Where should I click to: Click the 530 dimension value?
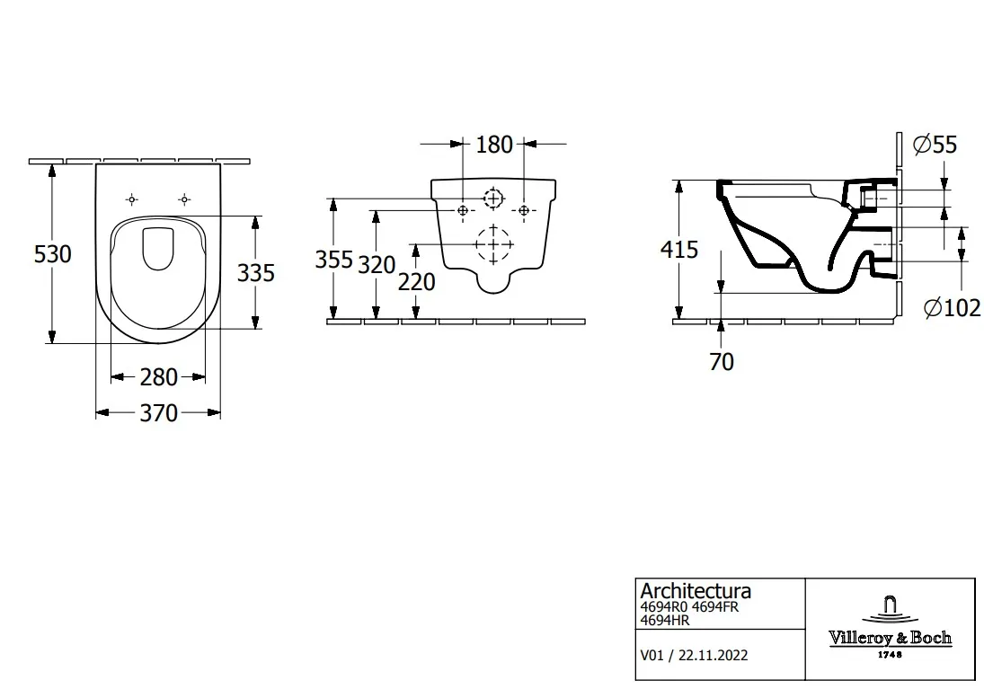pyautogui.click(x=53, y=254)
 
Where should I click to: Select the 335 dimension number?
pyautogui.click(x=256, y=273)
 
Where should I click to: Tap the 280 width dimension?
pyautogui.click(x=159, y=377)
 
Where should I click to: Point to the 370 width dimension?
pyautogui.click(x=159, y=413)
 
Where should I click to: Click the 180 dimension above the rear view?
pyautogui.click(x=494, y=145)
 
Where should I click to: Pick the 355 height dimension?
pyautogui.click(x=334, y=259)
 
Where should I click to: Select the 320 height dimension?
pyautogui.click(x=377, y=265)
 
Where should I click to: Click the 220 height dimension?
pyautogui.click(x=417, y=282)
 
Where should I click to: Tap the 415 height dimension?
pyautogui.click(x=679, y=250)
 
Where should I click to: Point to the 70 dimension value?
pyautogui.click(x=722, y=362)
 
